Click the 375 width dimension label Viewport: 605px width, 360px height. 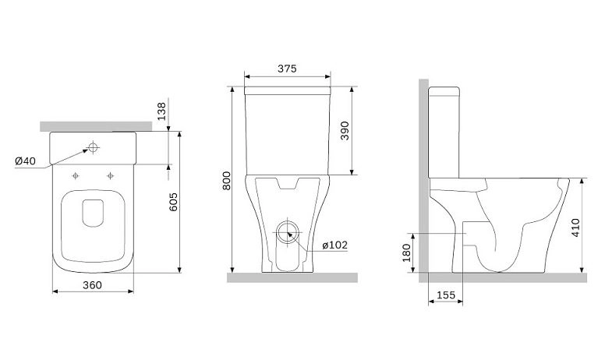click(287, 69)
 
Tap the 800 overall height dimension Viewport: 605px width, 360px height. click(227, 180)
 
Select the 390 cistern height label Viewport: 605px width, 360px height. click(345, 131)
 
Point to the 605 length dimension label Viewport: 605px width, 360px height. click(174, 202)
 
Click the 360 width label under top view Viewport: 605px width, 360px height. click(93, 285)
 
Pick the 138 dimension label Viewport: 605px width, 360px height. click(161, 111)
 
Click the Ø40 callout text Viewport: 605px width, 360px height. click(25, 161)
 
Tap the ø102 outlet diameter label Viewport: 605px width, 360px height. click(335, 245)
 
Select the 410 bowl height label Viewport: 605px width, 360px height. click(575, 228)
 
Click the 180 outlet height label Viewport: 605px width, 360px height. click(407, 252)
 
